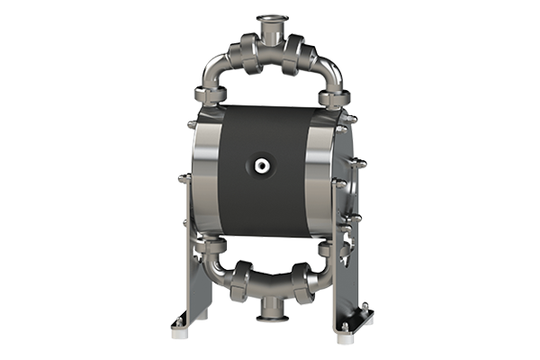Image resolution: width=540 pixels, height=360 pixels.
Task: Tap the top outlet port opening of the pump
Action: point(269,17)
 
